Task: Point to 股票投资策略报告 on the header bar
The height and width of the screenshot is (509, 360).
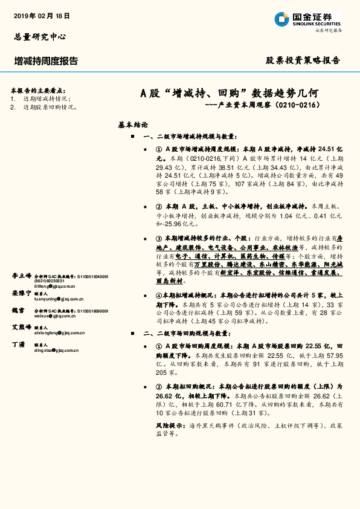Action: (x=303, y=60)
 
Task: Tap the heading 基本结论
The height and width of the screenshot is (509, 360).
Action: (x=133, y=125)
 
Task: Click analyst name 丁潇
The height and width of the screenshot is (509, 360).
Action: (x=18, y=343)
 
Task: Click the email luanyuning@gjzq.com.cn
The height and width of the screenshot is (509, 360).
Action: (x=59, y=299)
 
